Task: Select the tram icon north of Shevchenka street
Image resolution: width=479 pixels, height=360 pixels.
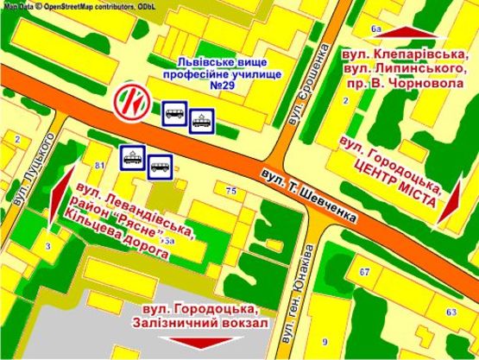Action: (x=201, y=120)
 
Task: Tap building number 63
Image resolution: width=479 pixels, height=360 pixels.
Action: (x=451, y=311)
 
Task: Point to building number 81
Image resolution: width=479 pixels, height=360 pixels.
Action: (x=100, y=164)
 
